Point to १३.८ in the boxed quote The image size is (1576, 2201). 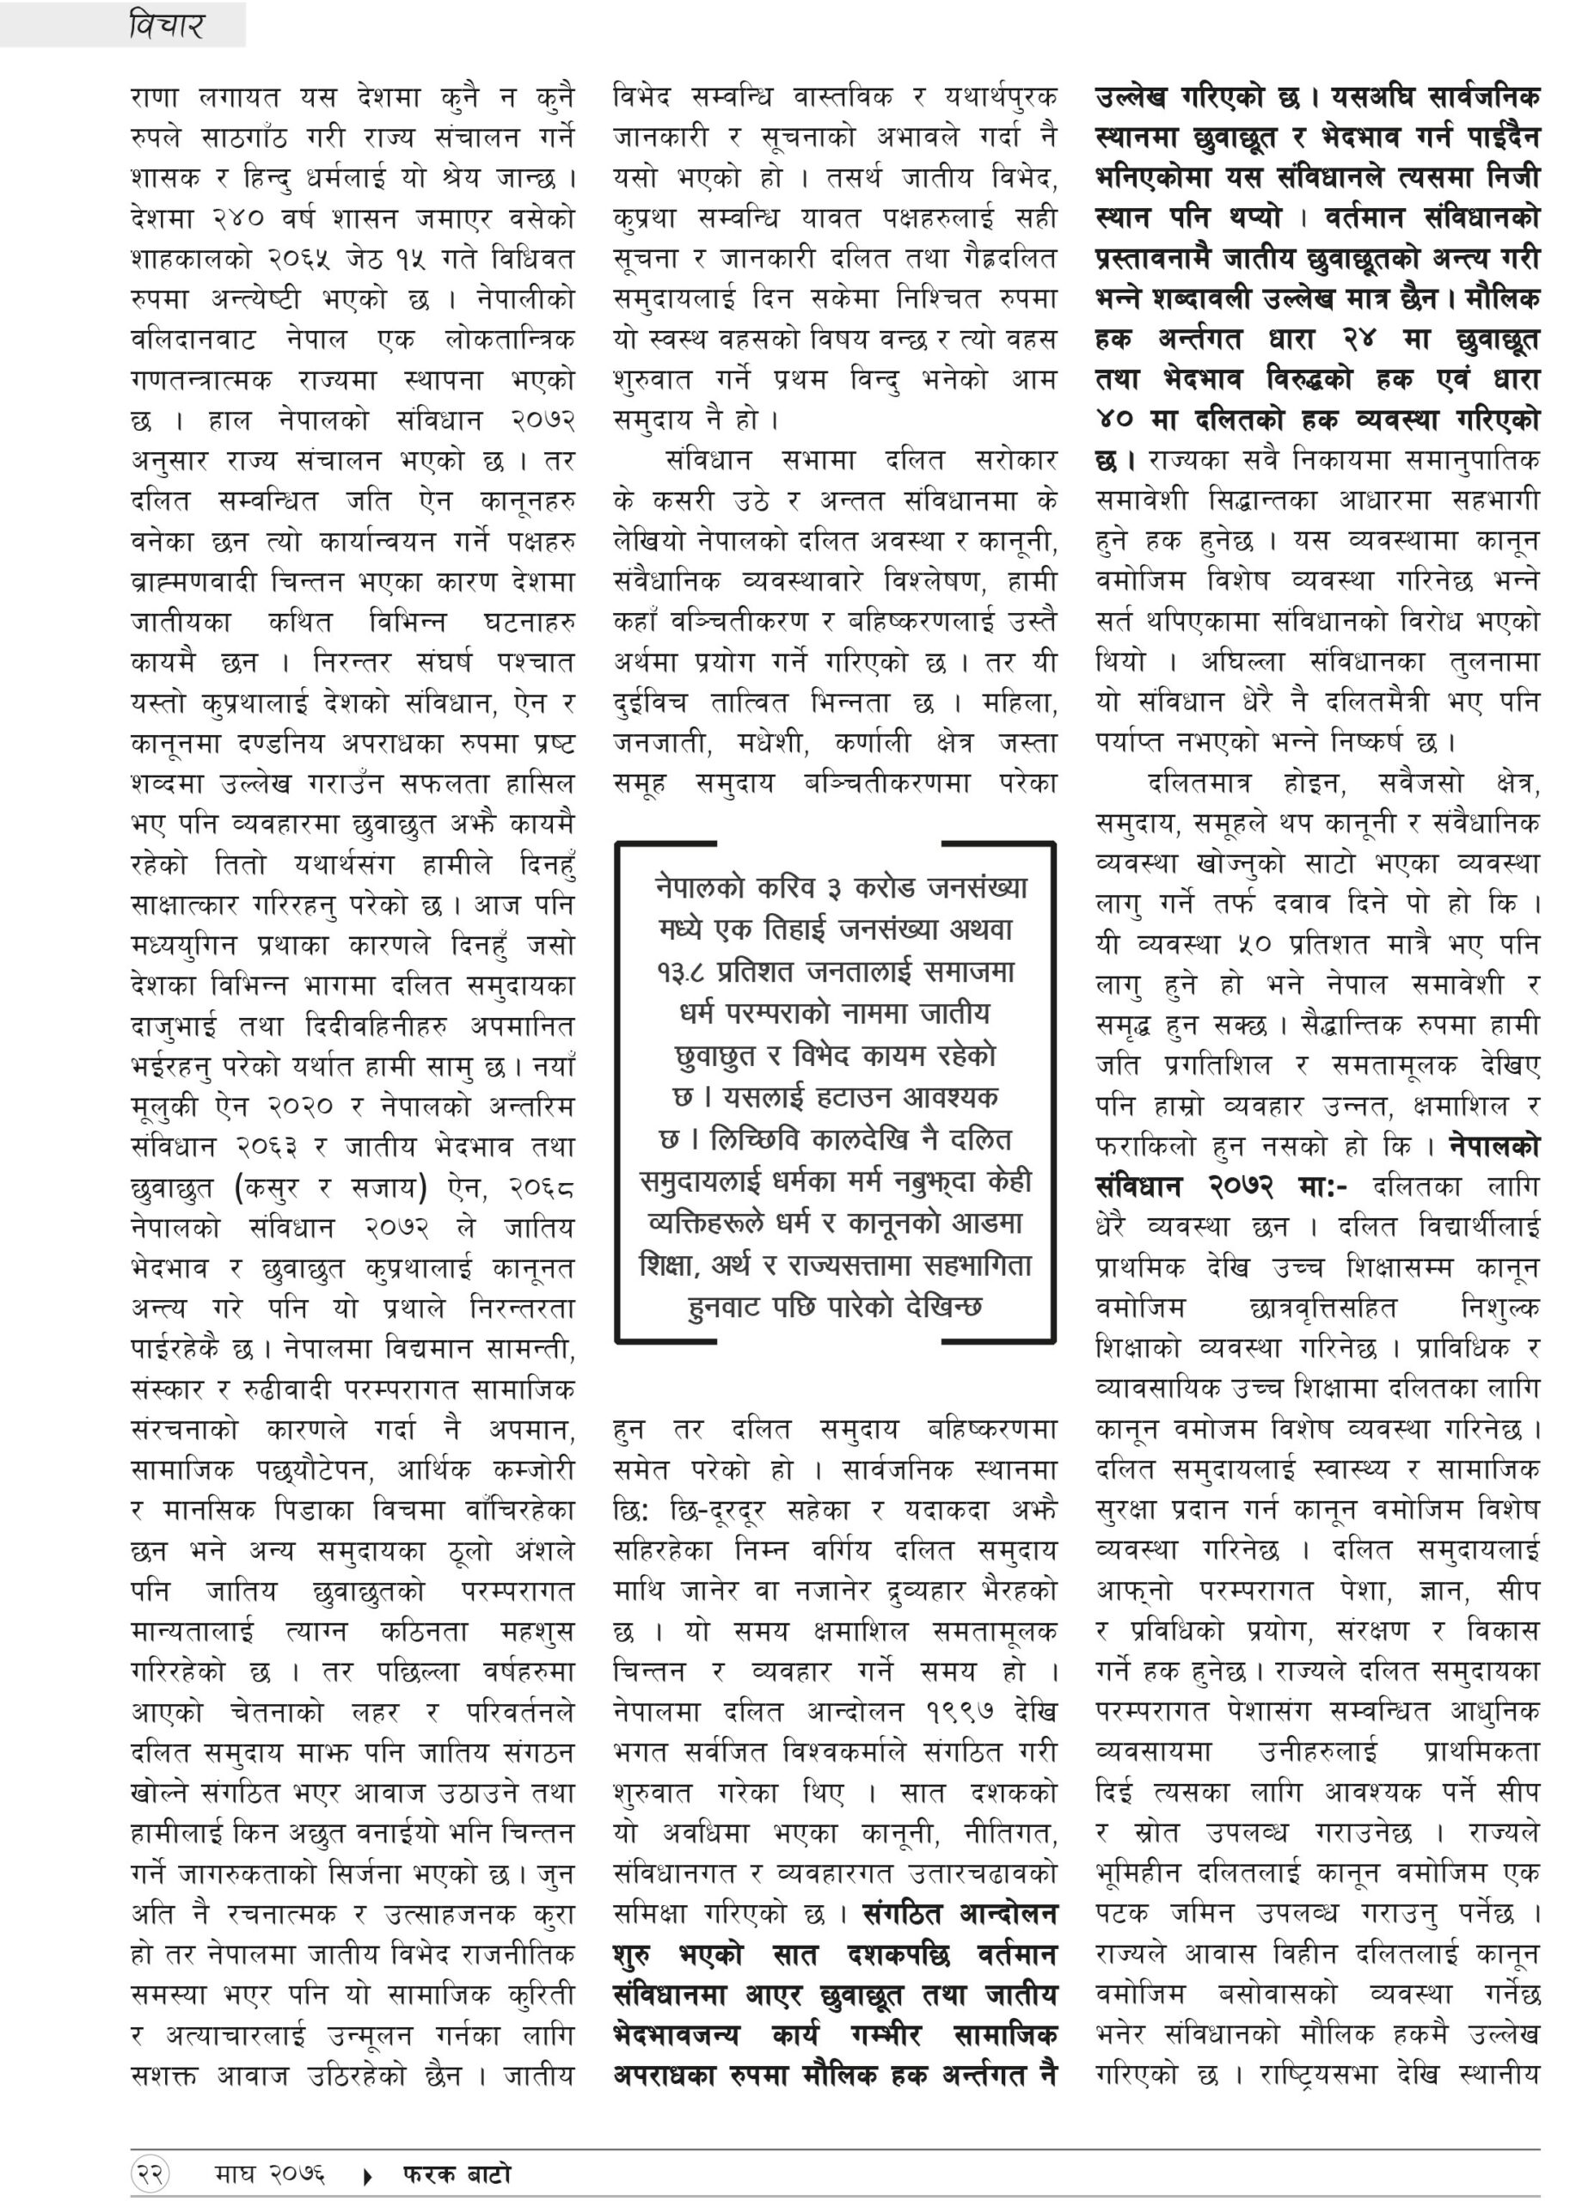(682, 972)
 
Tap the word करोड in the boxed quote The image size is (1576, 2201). (885, 888)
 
